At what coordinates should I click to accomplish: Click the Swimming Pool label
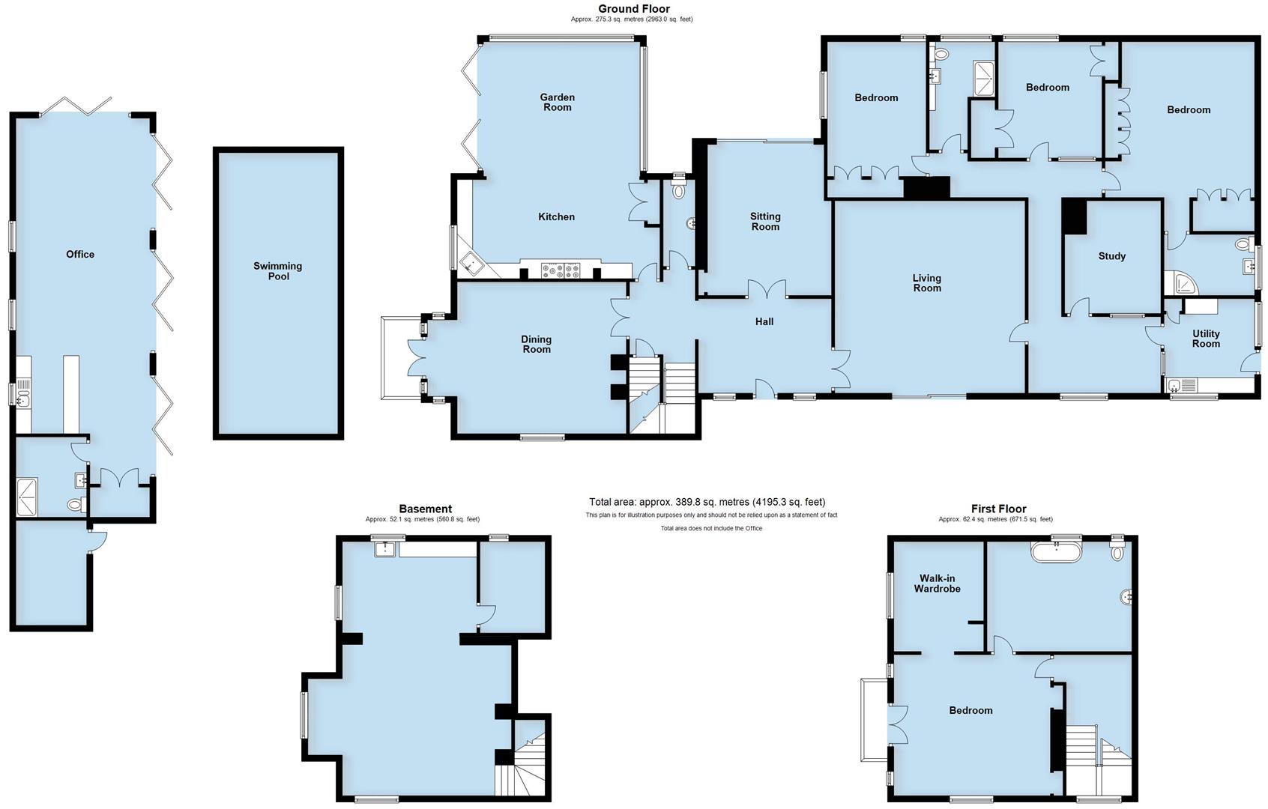[277, 271]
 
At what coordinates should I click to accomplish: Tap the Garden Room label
[557, 102]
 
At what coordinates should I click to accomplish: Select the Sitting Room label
[765, 222]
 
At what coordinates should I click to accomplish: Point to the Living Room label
[927, 283]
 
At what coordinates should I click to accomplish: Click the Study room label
[1111, 256]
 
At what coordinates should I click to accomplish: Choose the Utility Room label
[1206, 339]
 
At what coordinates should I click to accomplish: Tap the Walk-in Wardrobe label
[937, 584]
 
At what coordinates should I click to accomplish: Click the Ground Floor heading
[633, 9]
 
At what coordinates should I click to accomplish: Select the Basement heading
[425, 509]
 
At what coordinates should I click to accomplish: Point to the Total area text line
[707, 502]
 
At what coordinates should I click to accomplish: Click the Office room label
[80, 255]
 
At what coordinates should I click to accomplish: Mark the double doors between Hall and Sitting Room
[767, 289]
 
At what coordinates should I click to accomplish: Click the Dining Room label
[536, 345]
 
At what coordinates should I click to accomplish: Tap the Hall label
[764, 322]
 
